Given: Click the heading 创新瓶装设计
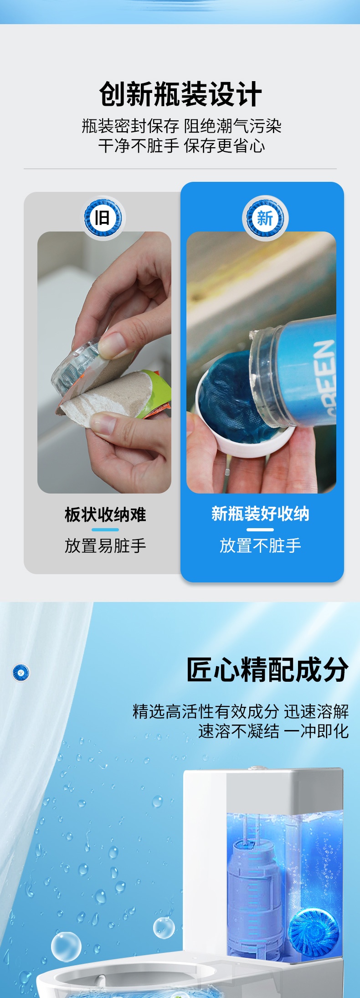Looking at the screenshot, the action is coord(180,94).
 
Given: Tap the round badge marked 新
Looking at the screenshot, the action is coord(264,218).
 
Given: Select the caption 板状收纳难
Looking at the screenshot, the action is coord(105,514).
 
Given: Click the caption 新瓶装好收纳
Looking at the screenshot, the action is coord(260,514).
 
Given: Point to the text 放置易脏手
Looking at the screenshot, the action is coord(105,545).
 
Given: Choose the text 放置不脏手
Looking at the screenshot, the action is coord(260,545).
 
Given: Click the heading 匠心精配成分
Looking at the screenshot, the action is coord(267,669).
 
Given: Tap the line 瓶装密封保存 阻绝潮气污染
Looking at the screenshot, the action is coord(181,126).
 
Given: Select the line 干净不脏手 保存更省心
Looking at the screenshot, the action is coord(181,146).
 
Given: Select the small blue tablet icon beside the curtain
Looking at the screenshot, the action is coord(21,672).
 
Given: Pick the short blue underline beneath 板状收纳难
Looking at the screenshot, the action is coord(105,530).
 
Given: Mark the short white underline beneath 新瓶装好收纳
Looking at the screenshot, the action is coord(260,530).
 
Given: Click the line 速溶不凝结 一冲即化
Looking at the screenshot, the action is coord(273,731).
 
